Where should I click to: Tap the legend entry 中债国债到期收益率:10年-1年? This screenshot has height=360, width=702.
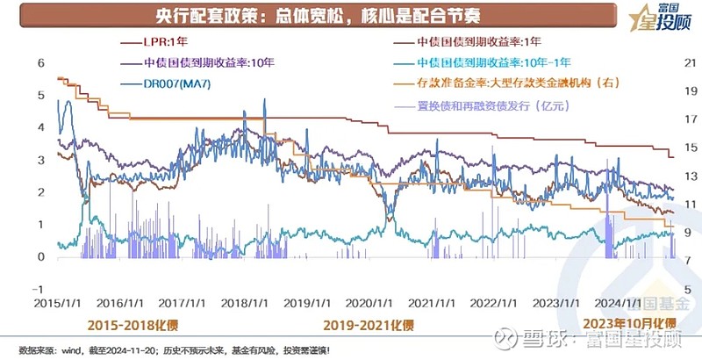tap(495, 62)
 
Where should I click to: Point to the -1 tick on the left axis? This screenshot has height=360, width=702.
tap(14, 289)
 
